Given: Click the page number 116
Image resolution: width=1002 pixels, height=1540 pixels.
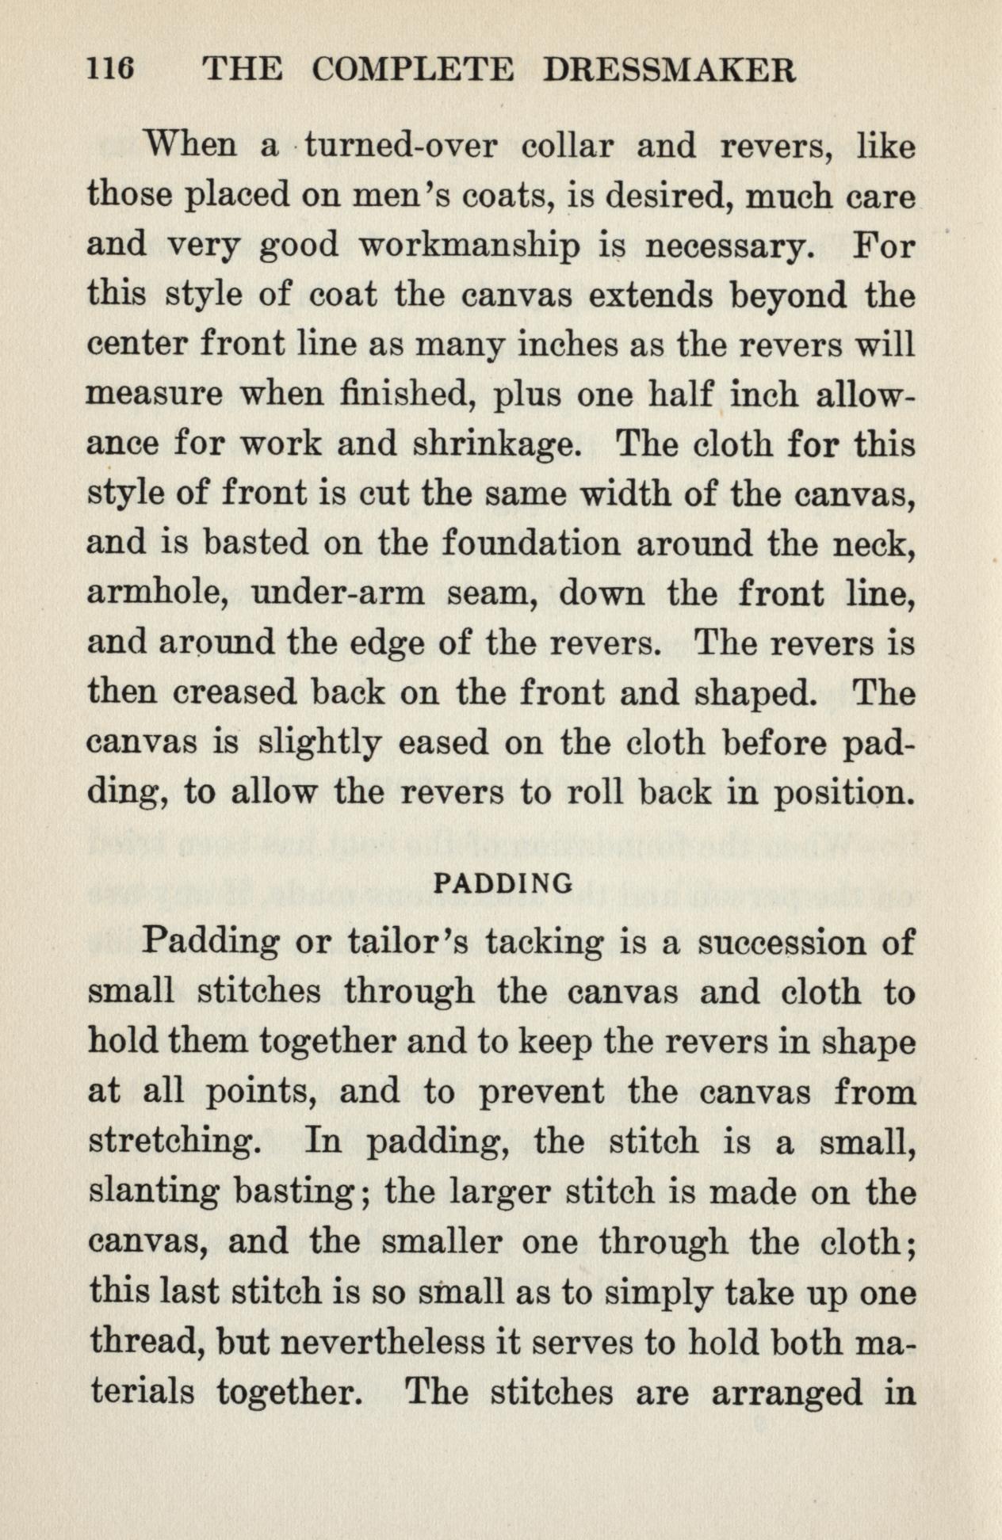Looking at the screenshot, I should (x=111, y=72).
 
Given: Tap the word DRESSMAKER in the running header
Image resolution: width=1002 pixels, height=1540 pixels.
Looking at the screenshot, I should (x=669, y=72).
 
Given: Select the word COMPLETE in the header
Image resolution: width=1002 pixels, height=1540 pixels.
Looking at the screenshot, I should (x=412, y=72).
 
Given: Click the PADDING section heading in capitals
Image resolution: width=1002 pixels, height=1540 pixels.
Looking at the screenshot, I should (x=505, y=882).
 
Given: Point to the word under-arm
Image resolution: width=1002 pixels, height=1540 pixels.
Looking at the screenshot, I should (x=337, y=593).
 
